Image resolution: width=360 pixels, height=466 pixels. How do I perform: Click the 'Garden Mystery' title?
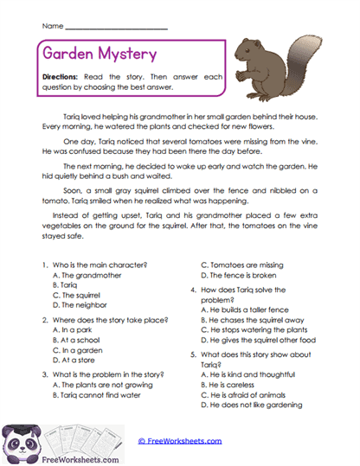100,54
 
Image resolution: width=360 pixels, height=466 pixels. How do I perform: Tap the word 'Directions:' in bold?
67,77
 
